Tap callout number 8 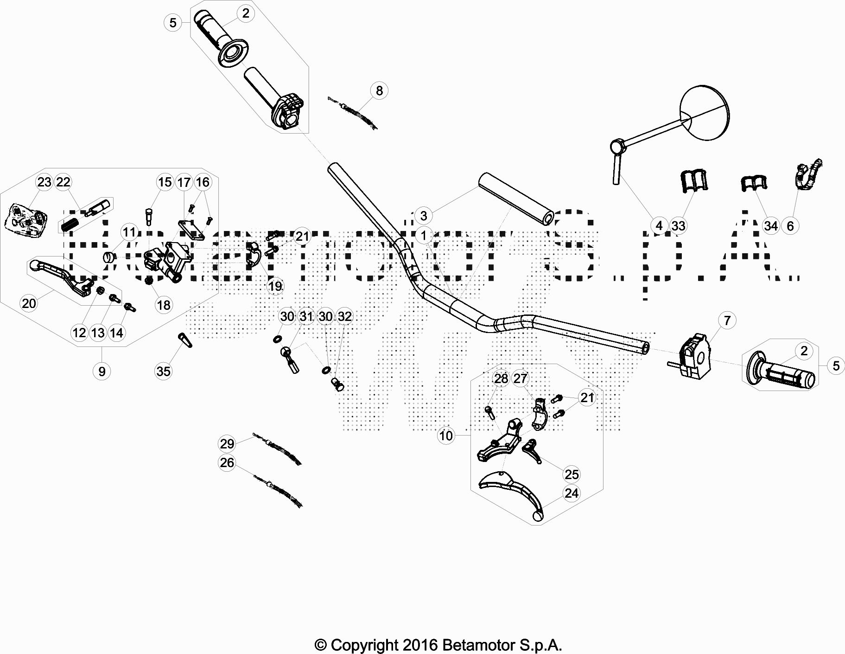tap(379, 90)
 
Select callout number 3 tap(423, 215)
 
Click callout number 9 tap(102, 371)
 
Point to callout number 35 tap(163, 371)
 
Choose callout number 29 tap(227, 444)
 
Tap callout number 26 tap(227, 463)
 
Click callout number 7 tap(727, 320)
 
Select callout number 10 tap(446, 436)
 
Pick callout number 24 tap(572, 493)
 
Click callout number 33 tap(678, 226)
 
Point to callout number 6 tap(790, 226)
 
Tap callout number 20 tap(29, 303)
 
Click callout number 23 tap(44, 182)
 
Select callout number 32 tap(344, 316)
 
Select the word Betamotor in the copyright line tap(472, 645)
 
